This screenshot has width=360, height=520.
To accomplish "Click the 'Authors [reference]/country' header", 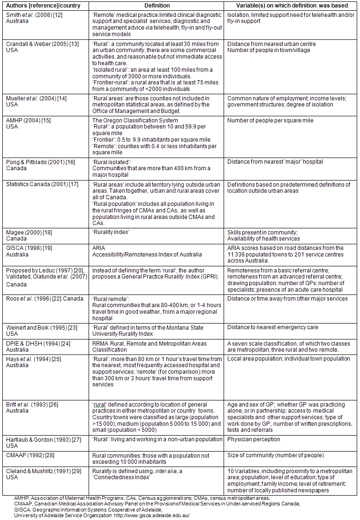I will coord(43,6).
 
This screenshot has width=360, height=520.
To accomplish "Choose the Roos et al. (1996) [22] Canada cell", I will coord(45,299).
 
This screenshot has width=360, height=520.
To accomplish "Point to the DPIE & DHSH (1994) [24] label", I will coord(35,343).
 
